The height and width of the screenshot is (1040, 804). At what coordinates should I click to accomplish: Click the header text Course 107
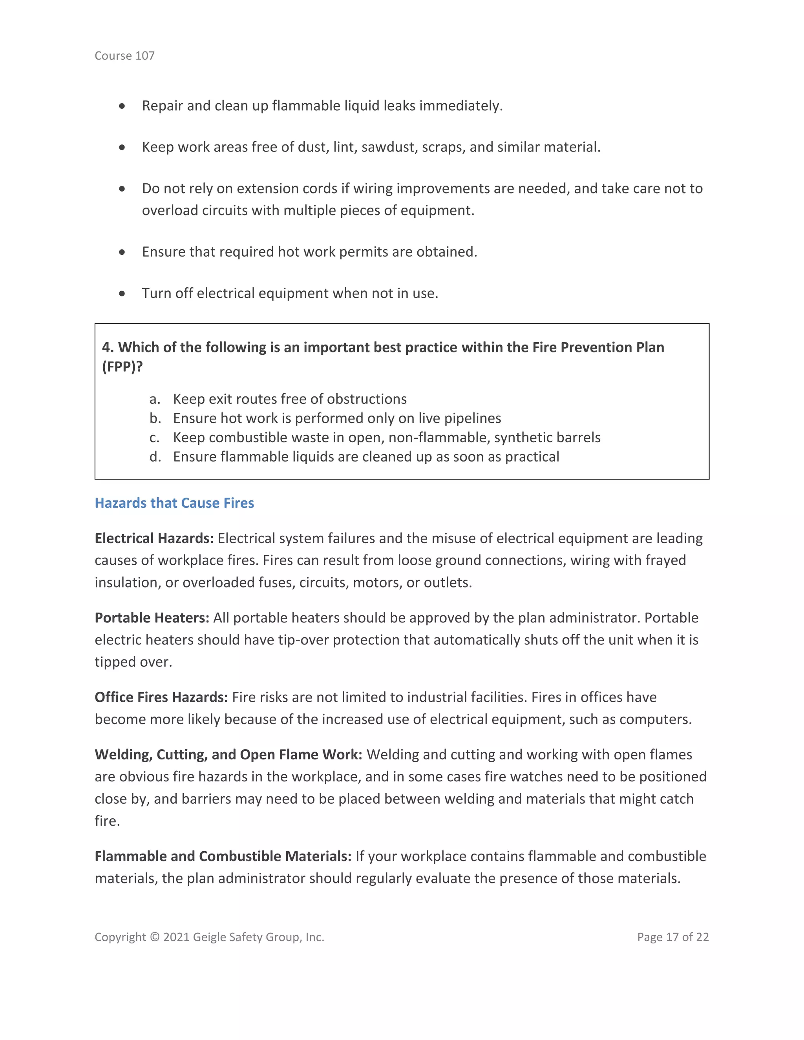tap(124, 56)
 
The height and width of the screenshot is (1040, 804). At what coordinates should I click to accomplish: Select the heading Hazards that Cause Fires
tap(174, 503)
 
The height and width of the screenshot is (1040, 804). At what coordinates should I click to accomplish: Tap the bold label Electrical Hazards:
tap(154, 538)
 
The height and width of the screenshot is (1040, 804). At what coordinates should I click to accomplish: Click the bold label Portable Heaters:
tap(152, 618)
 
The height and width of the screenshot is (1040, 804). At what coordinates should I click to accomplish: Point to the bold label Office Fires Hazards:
tap(161, 697)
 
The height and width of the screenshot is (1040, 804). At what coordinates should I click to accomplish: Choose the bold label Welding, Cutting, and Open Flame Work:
tap(228, 754)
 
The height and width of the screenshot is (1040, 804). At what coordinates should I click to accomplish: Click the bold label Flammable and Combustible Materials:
tap(223, 856)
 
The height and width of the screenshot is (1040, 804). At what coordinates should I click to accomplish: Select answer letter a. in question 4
tap(154, 399)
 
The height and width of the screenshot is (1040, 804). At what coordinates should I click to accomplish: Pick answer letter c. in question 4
tap(154, 437)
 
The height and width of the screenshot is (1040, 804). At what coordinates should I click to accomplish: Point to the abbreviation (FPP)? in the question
tap(122, 367)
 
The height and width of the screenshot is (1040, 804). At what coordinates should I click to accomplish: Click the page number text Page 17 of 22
tap(672, 937)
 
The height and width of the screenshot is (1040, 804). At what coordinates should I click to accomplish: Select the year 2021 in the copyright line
tap(176, 937)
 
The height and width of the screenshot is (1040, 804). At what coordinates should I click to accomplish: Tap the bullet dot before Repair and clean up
tap(122, 106)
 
